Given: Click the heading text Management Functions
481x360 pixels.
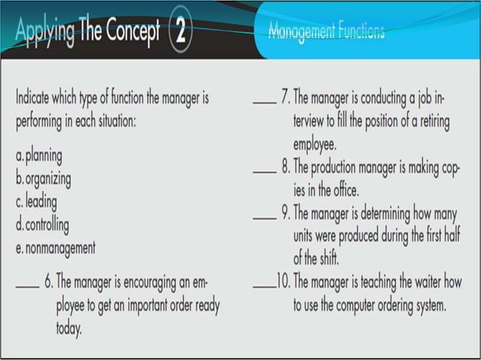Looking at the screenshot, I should (x=326, y=32).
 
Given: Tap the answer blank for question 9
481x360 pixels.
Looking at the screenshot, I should (x=263, y=215).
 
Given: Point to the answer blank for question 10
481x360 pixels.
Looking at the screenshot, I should (x=263, y=287).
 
